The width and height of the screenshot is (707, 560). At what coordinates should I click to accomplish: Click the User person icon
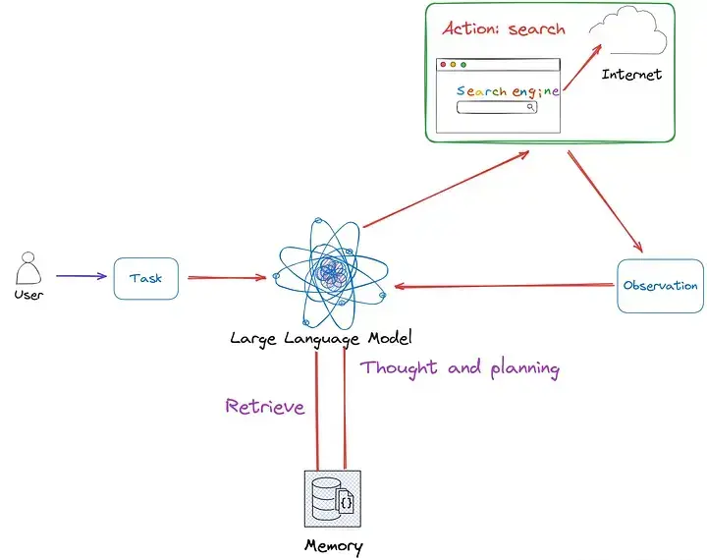28,268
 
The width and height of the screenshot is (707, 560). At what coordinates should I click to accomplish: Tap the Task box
145,278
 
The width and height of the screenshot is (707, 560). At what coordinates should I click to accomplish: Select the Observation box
660,286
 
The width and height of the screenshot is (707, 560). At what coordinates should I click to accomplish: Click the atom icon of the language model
328,269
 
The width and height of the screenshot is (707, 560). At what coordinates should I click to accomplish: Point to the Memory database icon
330,498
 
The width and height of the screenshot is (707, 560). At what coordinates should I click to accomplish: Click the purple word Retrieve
265,406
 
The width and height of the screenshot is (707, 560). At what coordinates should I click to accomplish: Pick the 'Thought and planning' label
460,368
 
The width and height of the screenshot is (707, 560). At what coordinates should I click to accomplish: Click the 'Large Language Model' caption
320,338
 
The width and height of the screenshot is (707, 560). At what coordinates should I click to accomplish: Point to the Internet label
631,75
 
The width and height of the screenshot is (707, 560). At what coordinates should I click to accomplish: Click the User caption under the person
29,295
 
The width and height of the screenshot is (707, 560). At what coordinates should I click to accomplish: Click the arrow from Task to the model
226,278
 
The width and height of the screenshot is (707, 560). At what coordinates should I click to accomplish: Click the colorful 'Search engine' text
508,91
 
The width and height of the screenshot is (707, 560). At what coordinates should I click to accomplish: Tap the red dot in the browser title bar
443,65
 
